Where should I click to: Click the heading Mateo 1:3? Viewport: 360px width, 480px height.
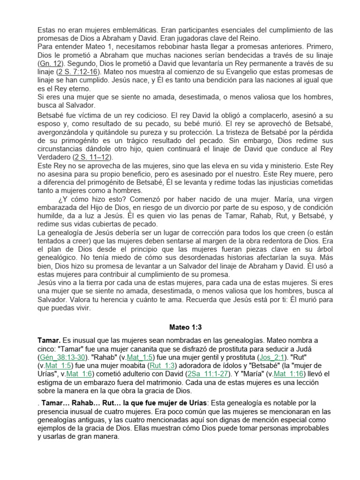[180, 327]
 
